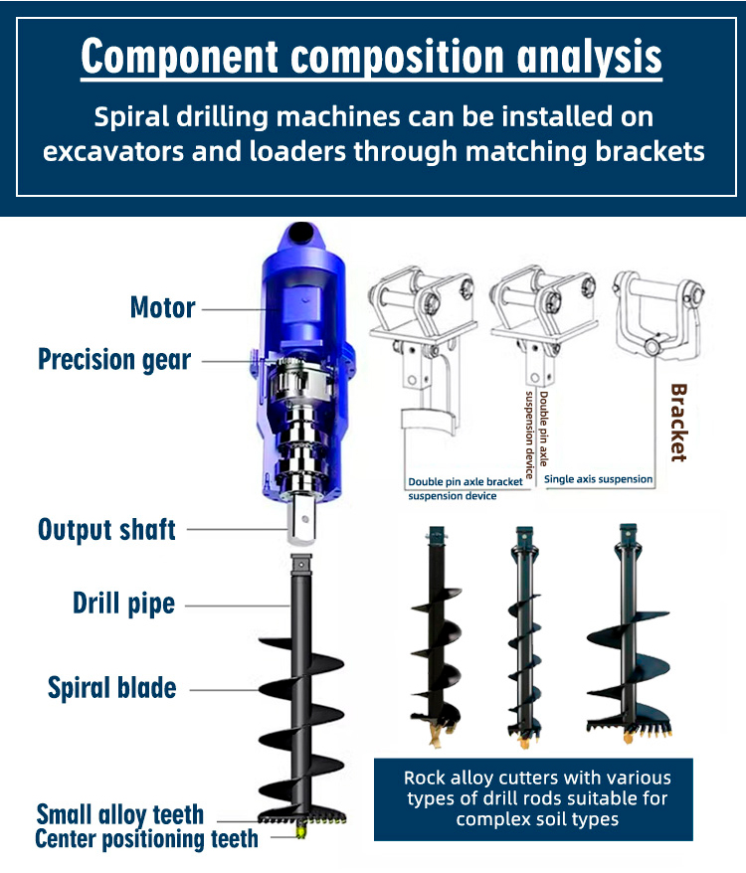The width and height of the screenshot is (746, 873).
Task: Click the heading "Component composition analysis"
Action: (372, 58)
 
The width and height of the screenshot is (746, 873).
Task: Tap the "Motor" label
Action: (163, 307)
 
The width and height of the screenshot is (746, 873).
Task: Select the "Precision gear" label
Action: (114, 360)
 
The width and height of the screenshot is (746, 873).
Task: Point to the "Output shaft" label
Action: (106, 530)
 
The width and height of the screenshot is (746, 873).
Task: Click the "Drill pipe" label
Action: (123, 604)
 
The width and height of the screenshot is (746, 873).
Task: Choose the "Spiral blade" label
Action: (112, 687)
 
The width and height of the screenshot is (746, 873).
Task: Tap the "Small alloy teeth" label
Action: (119, 814)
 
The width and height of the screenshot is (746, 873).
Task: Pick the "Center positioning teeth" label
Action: (146, 839)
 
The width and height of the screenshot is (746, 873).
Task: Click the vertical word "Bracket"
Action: (678, 423)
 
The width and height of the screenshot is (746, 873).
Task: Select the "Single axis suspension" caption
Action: (598, 479)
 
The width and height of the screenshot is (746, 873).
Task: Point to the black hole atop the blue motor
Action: (301, 232)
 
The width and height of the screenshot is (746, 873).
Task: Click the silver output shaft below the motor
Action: (301, 522)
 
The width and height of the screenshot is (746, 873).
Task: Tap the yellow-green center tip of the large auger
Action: (301, 830)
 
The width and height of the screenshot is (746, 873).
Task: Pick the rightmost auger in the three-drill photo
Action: (629, 633)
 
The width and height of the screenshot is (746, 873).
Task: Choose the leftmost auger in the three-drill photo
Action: (437, 634)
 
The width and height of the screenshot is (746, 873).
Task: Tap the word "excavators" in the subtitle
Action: (113, 151)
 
